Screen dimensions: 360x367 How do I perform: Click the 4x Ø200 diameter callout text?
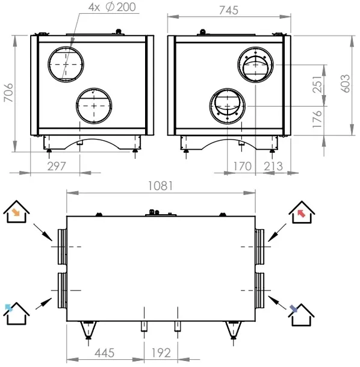click(x=112, y=7)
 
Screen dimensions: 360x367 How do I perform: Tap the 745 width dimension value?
click(x=229, y=10)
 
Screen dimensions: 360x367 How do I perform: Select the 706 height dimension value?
click(x=8, y=93)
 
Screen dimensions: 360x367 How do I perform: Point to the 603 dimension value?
click(x=345, y=84)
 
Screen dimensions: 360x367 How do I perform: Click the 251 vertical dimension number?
click(x=317, y=84)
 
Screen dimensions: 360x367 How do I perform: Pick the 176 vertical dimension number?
click(x=317, y=119)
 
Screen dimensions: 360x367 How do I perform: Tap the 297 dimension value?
click(x=57, y=166)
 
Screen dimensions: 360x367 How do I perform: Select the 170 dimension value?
click(x=243, y=166)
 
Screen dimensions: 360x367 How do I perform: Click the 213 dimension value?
click(x=273, y=166)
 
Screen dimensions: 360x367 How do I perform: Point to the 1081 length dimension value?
click(x=161, y=186)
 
